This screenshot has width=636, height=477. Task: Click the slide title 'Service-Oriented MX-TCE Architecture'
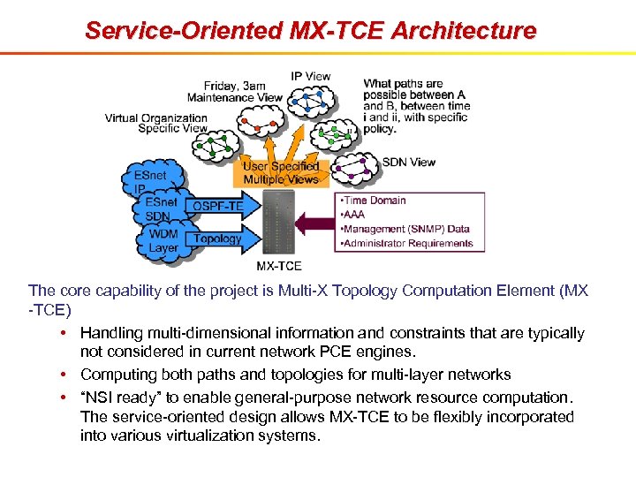[310, 30]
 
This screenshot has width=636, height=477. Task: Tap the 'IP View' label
[310, 76]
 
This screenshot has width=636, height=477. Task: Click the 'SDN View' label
[408, 162]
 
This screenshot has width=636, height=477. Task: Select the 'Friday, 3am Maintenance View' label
[234, 91]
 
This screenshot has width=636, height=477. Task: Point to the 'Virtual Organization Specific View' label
[156, 123]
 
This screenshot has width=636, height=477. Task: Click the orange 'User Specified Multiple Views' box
[281, 172]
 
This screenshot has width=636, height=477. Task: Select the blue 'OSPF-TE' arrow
[217, 207]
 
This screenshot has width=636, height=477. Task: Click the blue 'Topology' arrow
[217, 238]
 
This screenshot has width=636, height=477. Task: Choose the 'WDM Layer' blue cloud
[163, 241]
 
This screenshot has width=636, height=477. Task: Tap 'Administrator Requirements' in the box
[407, 243]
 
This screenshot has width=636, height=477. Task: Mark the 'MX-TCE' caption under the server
[279, 265]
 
